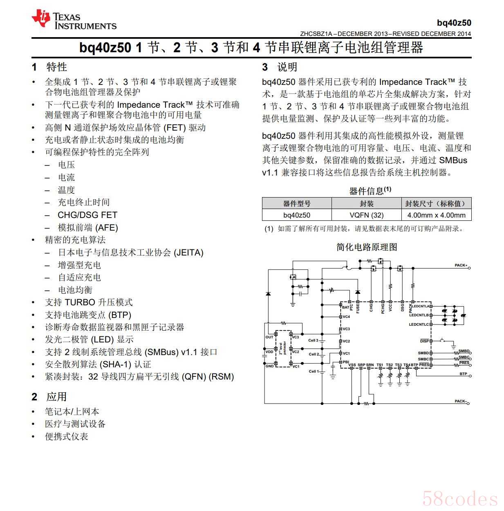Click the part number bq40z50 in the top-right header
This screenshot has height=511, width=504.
tap(454, 23)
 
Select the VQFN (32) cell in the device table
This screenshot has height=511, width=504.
tap(366, 215)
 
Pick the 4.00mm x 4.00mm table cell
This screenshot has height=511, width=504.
tap(436, 215)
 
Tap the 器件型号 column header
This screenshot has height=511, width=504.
tap(296, 203)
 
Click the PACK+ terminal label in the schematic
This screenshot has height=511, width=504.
tap(461, 265)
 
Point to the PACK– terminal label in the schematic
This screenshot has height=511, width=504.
tap(460, 401)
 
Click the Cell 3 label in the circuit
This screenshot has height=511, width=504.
tap(313, 340)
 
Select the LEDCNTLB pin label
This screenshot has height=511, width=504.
tap(419, 315)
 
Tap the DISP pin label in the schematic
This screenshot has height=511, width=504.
tap(424, 341)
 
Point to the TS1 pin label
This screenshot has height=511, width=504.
tap(380, 365)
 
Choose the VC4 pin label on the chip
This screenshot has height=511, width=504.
tap(346, 317)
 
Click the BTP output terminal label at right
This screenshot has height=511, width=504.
tap(463, 374)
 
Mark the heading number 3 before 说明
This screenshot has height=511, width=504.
tap(265, 67)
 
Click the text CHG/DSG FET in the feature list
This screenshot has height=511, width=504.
tap(87, 215)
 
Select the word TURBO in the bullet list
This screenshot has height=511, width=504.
tap(79, 302)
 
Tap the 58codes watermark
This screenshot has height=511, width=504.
tap(460, 499)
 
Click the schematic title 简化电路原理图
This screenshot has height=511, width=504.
tap(367, 247)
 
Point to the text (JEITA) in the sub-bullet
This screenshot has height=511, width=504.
tap(188, 253)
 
